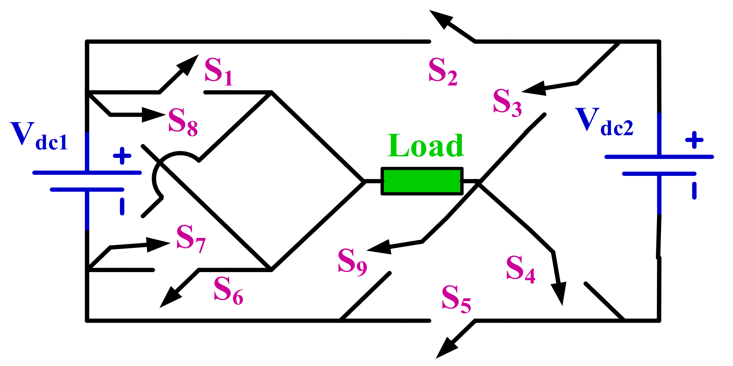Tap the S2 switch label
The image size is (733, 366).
pos(443,71)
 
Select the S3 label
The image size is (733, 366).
pos(507,102)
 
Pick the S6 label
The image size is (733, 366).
pos(228,290)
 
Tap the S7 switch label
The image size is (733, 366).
pos(191,238)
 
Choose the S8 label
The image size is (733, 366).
pos(183,122)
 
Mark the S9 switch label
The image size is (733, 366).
pos(352,261)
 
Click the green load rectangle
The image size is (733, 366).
pos(422,181)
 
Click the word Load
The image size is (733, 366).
pos(425,146)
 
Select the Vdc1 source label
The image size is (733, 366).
pos(39,137)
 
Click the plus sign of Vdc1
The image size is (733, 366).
pos(122,156)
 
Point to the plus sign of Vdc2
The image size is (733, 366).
pos(694,140)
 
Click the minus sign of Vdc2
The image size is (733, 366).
pos(694,191)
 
